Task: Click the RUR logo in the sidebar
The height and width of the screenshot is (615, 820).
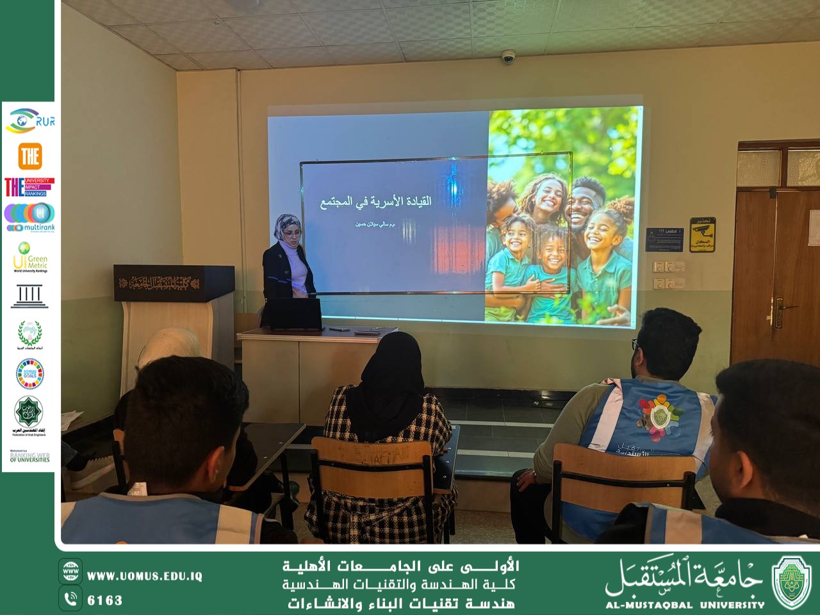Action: [29, 120]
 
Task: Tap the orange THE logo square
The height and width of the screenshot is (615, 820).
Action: [29, 156]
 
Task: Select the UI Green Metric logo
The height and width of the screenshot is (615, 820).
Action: [29, 257]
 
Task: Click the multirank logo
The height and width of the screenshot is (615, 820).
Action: [29, 217]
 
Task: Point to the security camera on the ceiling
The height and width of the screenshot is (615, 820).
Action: [508, 57]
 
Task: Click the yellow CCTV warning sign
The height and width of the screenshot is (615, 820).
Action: [702, 234]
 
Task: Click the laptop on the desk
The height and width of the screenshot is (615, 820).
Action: [292, 315]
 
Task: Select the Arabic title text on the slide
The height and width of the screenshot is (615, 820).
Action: [375, 201]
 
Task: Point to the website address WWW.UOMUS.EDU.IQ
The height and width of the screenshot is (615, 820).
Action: [145, 576]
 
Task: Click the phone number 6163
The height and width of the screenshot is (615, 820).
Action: [105, 600]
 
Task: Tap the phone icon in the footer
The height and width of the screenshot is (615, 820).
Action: [70, 599]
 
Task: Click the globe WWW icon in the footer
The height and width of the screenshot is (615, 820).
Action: [70, 571]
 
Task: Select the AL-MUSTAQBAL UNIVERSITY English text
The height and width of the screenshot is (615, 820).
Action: [685, 604]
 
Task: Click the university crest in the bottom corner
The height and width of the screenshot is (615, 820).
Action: [791, 581]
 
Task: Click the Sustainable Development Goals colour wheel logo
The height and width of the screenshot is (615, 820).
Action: [29, 373]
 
